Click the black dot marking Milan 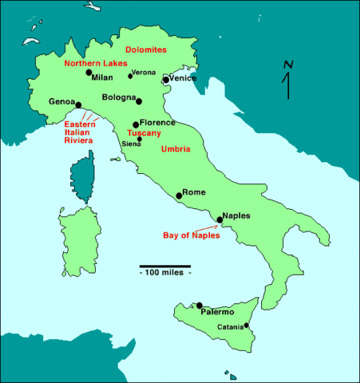pos(89,73)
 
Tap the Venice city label pos(182,79)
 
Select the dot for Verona pos(130,76)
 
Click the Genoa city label pos(61,102)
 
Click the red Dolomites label pos(148,49)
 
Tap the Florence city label pos(157,124)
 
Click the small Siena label pos(131,144)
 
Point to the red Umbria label pos(175,149)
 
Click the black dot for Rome pos(179,195)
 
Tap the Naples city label pos(237,215)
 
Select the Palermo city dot pos(200,305)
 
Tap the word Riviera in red pos(79,140)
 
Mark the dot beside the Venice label pos(165,80)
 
